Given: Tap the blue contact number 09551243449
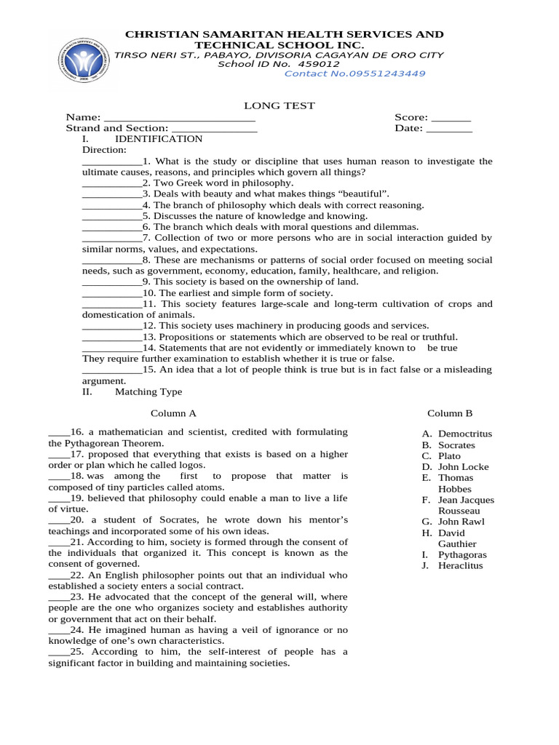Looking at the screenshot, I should tap(354, 73).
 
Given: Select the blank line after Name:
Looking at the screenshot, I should tap(180, 118).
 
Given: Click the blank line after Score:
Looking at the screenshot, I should tap(451, 118).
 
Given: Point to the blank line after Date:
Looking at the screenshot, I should tap(449, 129).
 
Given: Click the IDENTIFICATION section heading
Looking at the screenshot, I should tap(159, 139).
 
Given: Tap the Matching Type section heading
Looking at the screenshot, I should tap(148, 391).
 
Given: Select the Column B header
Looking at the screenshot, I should tap(450, 413).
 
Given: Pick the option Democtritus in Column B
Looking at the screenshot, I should tap(465, 434).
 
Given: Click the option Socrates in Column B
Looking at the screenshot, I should tap(456, 445).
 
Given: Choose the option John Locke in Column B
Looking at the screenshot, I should tap(463, 467).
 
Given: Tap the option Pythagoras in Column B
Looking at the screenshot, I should tap(462, 554).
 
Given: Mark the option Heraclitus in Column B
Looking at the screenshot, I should tap(460, 565).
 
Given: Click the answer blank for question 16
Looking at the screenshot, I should tap(59, 432).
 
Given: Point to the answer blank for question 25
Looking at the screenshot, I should tap(59, 652).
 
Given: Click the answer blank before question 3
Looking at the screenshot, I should tap(112, 194).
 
